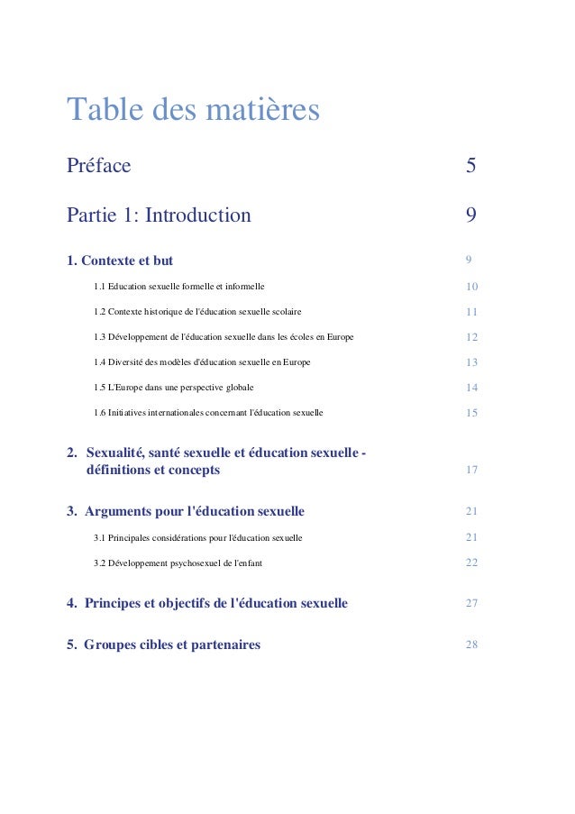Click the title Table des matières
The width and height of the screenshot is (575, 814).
pos(193,111)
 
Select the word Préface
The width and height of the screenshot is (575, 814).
pos(99,166)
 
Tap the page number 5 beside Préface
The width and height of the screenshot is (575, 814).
pos(470,166)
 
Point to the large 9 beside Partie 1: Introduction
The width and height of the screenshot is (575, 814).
pos(470,215)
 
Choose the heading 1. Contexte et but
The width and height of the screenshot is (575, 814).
pos(120,261)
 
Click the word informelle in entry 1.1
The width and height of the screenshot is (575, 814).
pos(243,287)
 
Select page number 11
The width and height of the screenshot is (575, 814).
pos(471,312)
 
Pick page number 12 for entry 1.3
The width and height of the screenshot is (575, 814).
pos(471,337)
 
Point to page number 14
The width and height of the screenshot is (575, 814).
pos(471,388)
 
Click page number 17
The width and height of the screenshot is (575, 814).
pos(471,471)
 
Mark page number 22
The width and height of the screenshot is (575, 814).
pos(471,562)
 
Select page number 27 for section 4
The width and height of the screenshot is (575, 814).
pos(471,603)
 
